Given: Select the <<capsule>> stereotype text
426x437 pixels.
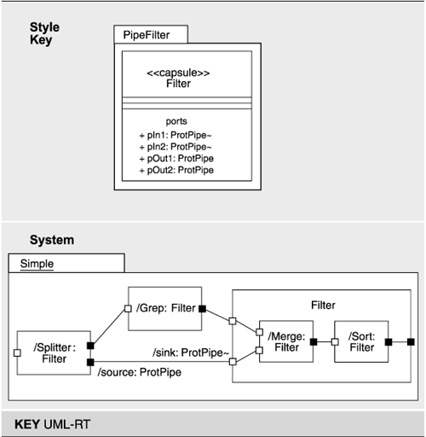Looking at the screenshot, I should (x=178, y=73).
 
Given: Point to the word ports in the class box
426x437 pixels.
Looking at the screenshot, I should (x=176, y=121).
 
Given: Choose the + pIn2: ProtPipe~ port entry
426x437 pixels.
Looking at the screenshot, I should (x=177, y=148).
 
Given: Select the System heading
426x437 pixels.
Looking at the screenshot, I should (x=52, y=241).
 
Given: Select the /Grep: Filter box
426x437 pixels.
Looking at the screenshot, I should (x=164, y=309).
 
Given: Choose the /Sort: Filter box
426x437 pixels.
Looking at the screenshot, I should (x=361, y=341).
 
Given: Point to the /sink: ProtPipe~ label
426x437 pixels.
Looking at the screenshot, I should (x=191, y=352).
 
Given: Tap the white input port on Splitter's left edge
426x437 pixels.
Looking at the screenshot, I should (x=17, y=352).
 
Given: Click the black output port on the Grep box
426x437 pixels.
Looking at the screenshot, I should (x=202, y=309).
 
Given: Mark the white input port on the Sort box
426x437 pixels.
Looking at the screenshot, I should (x=335, y=342).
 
